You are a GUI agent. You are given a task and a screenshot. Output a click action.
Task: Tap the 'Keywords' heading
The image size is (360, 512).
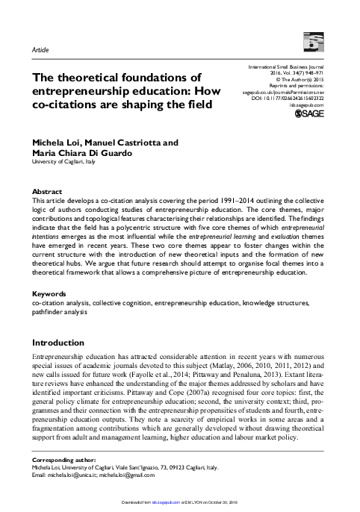(47, 296)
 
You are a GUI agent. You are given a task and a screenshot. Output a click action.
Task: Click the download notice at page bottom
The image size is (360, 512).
(180, 505)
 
